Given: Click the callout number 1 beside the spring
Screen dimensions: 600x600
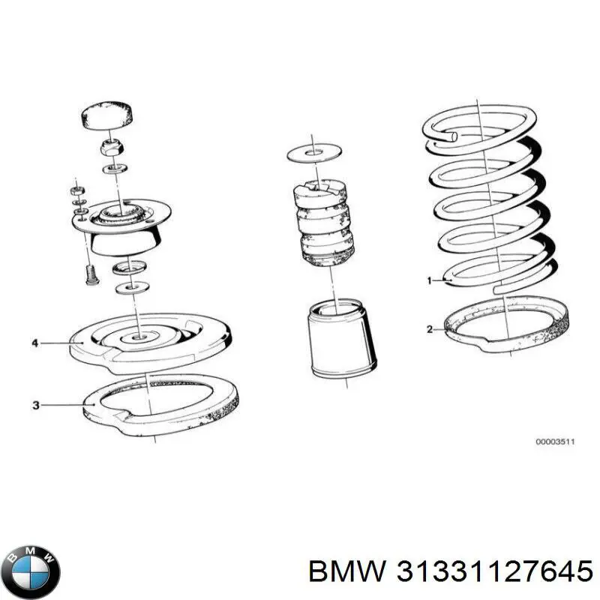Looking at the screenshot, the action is pyautogui.click(x=429, y=280).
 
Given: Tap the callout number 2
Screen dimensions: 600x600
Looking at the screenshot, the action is pyautogui.click(x=430, y=329).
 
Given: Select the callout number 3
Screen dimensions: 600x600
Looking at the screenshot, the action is pyautogui.click(x=35, y=405).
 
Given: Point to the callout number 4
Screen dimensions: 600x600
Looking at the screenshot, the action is pyautogui.click(x=34, y=343).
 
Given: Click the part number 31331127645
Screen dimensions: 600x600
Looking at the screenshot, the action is pyautogui.click(x=494, y=571).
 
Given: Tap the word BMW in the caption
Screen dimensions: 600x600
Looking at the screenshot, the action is pyautogui.click(x=347, y=571).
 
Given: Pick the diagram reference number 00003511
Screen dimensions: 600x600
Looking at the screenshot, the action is pyautogui.click(x=555, y=442).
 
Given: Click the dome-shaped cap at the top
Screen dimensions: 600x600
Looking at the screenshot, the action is pyautogui.click(x=108, y=115).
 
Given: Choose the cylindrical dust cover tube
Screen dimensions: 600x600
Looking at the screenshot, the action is pyautogui.click(x=341, y=338).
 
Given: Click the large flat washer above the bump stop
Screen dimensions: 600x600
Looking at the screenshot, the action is pyautogui.click(x=314, y=153).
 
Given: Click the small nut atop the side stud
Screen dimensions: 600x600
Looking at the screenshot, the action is pyautogui.click(x=78, y=191).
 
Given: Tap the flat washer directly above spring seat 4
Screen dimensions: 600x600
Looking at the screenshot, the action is pyautogui.click(x=132, y=287).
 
